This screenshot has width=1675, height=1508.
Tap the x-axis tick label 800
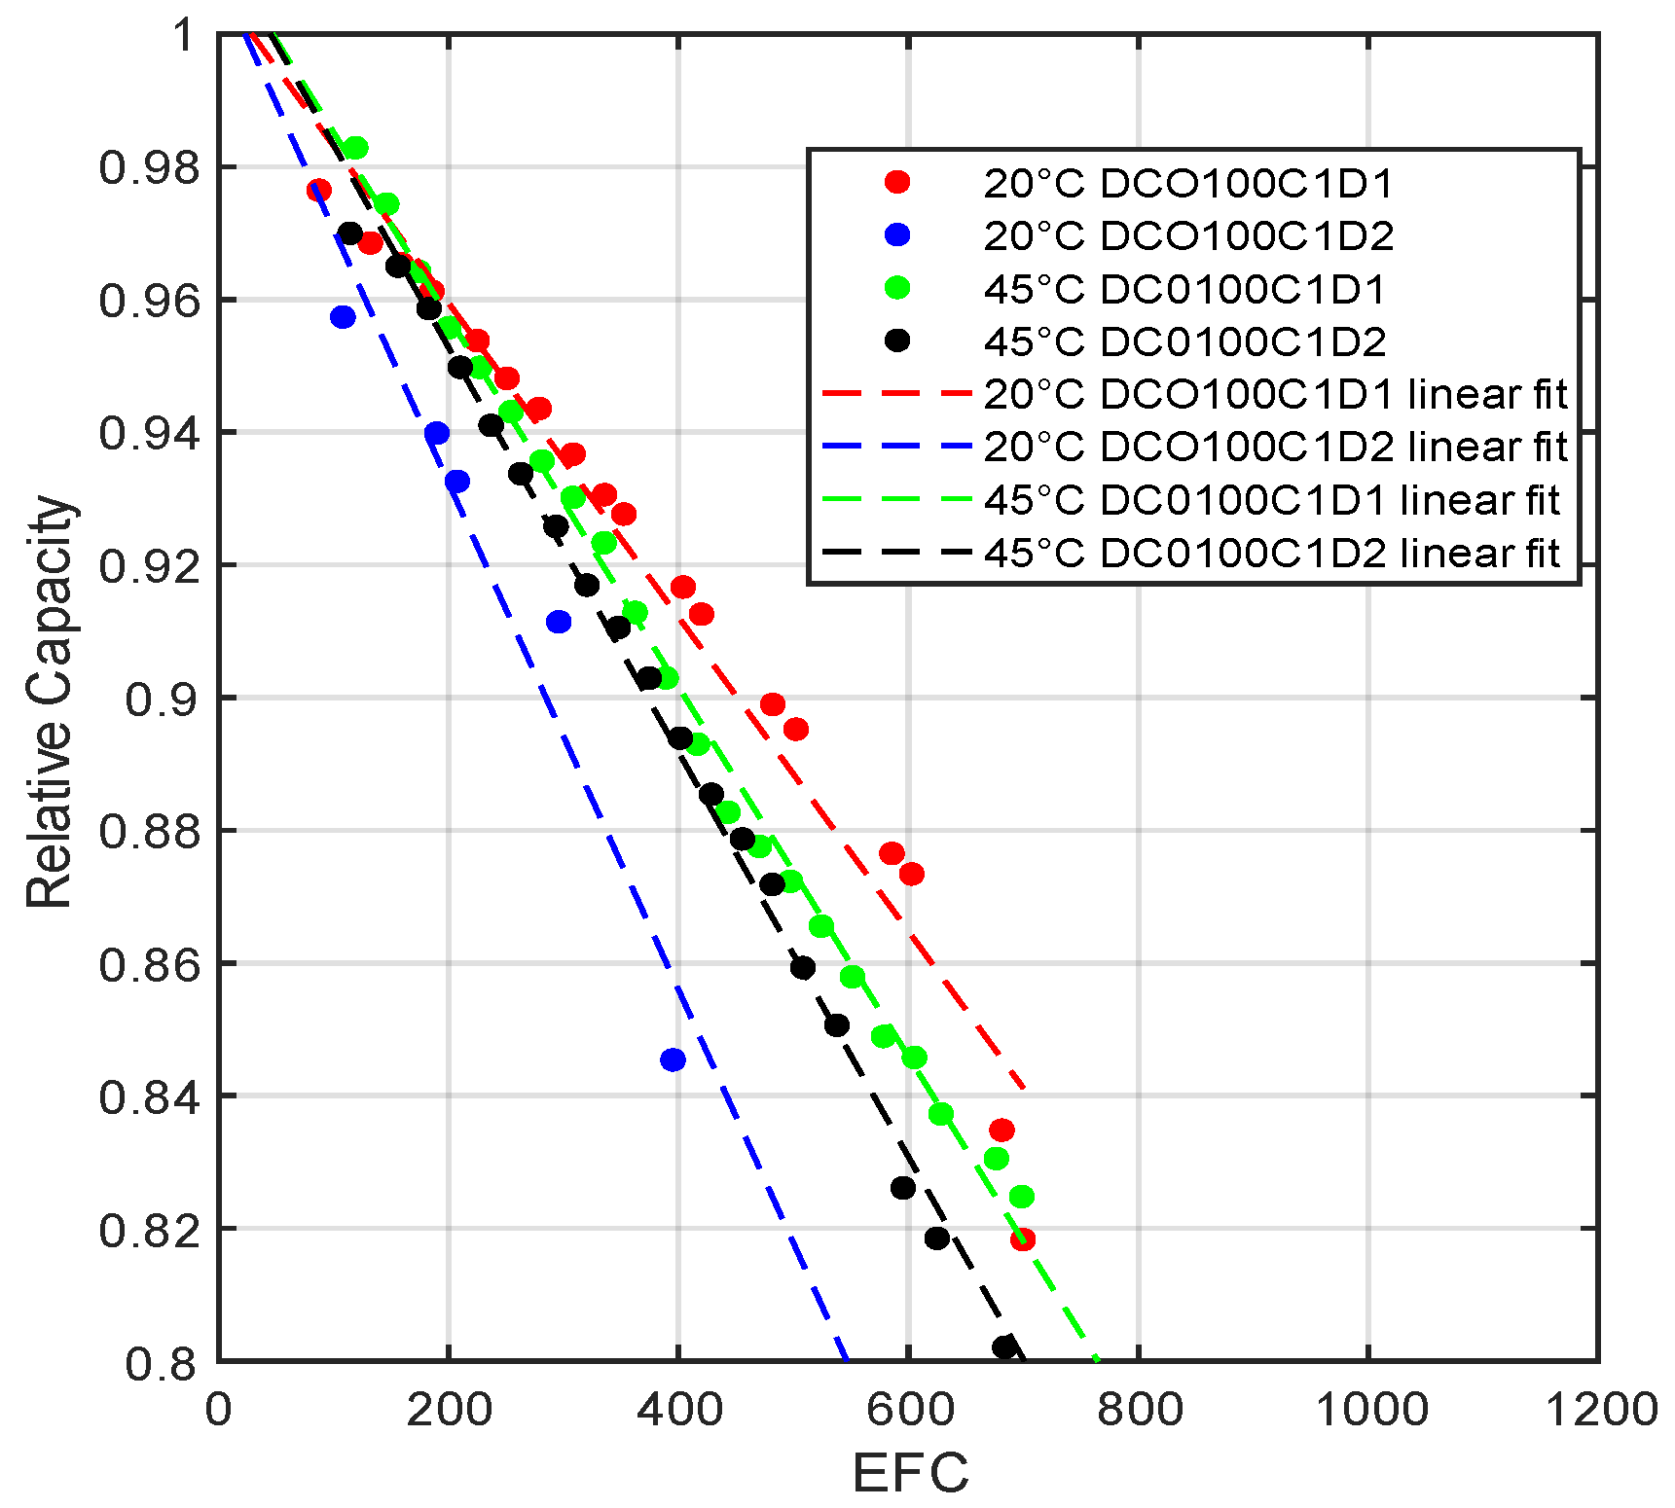1140,1410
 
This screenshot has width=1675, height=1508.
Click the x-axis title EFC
910,1472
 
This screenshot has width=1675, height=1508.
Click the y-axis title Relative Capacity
49,700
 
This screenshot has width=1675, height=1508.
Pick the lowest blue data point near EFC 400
673,1059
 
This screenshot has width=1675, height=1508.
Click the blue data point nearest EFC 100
343,316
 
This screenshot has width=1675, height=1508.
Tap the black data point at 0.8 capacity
1004,1346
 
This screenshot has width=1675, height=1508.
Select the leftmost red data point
318,190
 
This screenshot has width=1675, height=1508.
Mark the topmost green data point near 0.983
356,148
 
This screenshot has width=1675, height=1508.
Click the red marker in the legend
896,182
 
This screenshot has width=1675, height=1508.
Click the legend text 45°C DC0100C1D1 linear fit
1271,500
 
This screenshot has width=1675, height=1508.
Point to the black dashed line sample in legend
896,553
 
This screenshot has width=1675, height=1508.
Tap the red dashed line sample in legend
896,394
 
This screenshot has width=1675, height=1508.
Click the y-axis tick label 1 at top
183,35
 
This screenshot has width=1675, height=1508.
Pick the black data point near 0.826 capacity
903,1187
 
